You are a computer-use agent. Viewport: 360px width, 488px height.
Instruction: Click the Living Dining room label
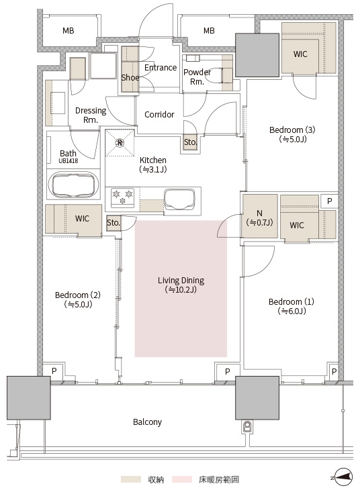click(x=181, y=285)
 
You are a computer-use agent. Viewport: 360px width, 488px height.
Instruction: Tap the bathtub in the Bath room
click(x=73, y=185)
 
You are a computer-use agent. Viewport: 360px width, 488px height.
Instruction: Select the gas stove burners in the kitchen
click(x=122, y=197)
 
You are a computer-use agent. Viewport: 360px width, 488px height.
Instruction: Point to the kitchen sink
click(x=180, y=199)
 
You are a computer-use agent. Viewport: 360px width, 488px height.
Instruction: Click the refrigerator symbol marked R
click(x=120, y=143)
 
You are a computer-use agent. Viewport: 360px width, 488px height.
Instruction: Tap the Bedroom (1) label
click(x=291, y=306)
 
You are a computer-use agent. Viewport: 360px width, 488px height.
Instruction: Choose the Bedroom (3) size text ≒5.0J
click(x=293, y=139)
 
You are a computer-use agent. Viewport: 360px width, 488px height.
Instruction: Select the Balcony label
click(x=147, y=422)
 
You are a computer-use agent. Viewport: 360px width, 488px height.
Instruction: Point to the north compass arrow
click(x=343, y=477)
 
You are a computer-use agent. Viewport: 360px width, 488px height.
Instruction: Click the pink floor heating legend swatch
click(x=182, y=479)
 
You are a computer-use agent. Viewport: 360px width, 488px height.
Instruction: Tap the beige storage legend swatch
click(x=131, y=479)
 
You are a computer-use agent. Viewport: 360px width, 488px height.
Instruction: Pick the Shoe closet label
click(x=130, y=77)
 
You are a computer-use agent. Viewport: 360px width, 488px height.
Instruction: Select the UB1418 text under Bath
click(x=69, y=161)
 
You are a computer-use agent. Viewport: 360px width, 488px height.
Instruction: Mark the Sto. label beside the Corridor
click(x=190, y=142)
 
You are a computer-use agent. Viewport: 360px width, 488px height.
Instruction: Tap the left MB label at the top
click(x=69, y=30)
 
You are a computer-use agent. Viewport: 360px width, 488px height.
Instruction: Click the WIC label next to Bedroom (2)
click(x=82, y=218)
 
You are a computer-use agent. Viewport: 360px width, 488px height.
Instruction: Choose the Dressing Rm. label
click(x=91, y=115)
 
